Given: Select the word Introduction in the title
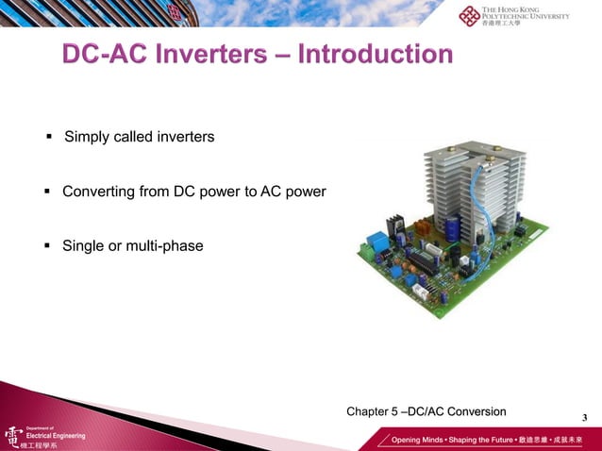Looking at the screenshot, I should click(x=375, y=55).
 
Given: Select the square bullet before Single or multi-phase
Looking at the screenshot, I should click(x=47, y=246).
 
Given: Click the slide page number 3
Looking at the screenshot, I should click(x=584, y=418).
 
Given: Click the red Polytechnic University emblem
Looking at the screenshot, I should click(x=469, y=16).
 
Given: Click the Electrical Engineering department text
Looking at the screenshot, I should click(x=55, y=436).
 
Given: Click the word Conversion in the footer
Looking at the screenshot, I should click(x=476, y=411).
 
